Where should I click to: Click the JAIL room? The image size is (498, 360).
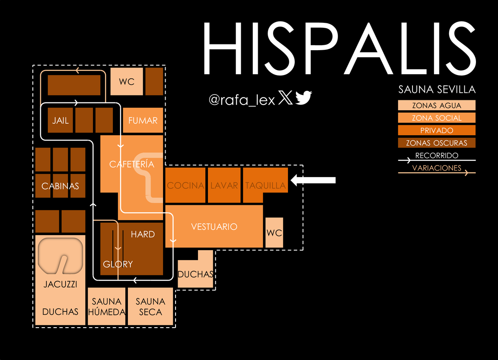click(x=60, y=120)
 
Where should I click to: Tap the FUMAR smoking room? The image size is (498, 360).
click(x=143, y=120)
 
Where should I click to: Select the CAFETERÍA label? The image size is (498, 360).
click(x=132, y=164)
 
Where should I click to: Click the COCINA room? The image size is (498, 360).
click(x=185, y=185)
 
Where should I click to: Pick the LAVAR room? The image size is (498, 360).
click(x=224, y=185)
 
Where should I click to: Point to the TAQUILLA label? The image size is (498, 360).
click(x=266, y=185)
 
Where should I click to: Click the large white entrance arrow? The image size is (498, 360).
click(x=313, y=180)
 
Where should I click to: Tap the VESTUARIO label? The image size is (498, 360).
click(x=214, y=227)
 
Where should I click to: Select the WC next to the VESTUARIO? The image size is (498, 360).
click(x=274, y=233)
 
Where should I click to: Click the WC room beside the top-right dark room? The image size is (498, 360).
click(x=127, y=81)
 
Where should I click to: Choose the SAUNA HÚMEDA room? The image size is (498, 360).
click(x=107, y=306)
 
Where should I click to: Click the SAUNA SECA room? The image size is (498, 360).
click(x=150, y=306)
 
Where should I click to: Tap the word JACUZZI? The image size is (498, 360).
click(x=60, y=285)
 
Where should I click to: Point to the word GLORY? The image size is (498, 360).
click(x=118, y=264)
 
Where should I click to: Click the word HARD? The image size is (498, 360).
click(x=143, y=234)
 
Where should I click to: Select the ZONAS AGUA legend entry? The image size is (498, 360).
click(x=437, y=105)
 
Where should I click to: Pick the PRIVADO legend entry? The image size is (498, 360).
click(x=437, y=130)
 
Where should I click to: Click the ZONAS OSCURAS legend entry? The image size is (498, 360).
click(x=437, y=143)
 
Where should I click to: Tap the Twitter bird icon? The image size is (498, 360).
click(x=304, y=97)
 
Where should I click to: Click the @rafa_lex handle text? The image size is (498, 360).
click(x=242, y=100)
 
